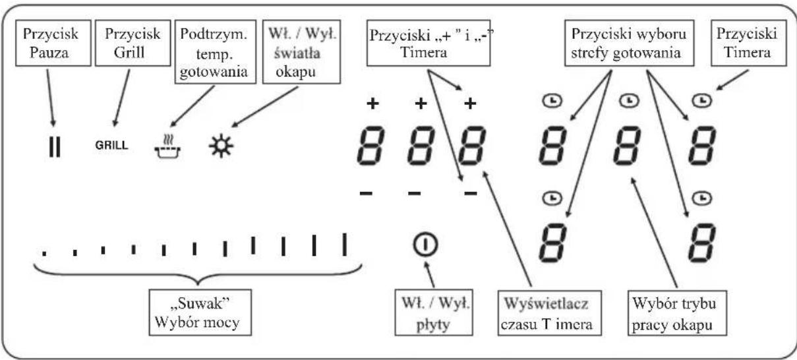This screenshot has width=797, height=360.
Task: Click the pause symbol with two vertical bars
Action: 55,146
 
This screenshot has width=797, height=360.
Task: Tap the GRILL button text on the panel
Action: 111,145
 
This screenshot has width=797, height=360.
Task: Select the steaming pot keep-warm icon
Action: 167,146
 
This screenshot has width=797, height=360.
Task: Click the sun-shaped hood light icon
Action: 221,146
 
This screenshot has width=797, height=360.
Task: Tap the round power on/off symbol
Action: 425,245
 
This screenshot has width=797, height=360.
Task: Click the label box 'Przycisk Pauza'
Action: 53,43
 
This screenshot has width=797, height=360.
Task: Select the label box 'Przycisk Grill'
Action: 133,43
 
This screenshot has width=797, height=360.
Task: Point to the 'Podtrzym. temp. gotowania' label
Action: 216,52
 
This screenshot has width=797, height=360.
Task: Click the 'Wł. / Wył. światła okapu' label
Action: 301,52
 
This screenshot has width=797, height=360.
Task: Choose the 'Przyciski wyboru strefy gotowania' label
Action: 629,43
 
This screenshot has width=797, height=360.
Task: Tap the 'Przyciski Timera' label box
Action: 749,43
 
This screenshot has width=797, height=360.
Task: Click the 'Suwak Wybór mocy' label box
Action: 200,313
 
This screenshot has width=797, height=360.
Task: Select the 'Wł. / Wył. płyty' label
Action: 434,313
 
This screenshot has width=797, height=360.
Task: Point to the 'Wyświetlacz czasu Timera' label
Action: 549,313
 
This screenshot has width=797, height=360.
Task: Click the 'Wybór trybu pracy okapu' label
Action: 677,313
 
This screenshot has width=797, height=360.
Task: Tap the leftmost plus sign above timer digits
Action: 372,104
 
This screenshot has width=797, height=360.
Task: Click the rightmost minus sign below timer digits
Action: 471,194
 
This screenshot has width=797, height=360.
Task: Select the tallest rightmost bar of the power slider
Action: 344,245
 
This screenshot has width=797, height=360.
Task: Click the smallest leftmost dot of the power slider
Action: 44,253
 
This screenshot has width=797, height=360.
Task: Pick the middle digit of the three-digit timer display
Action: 421,146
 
